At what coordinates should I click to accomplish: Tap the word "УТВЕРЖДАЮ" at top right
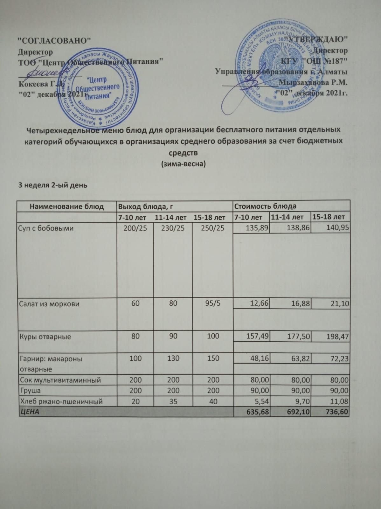pos(318,39)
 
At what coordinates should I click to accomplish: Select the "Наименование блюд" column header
pos(67,206)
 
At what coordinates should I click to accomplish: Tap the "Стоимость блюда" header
pos(265,206)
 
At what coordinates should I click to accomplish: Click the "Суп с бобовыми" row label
pos(46,228)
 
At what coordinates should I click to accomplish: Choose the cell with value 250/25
pos(213,228)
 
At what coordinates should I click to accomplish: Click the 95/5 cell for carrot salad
pos(213,303)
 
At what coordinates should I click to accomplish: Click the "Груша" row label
pos(30,390)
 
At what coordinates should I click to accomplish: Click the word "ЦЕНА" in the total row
pos(30,412)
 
